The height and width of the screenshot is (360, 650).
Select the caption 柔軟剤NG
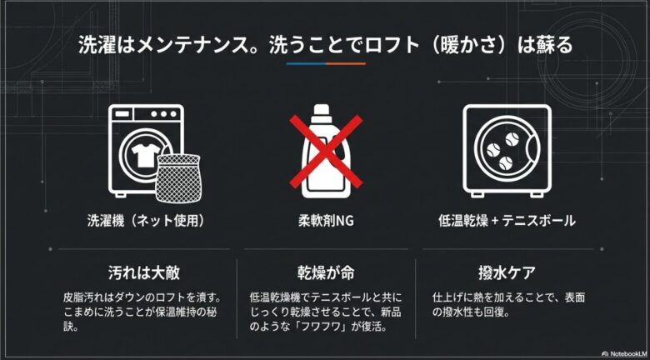[x=326, y=222]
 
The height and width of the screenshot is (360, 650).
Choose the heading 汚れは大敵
[x=144, y=272]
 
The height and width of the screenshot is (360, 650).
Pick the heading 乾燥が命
[x=326, y=272]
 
